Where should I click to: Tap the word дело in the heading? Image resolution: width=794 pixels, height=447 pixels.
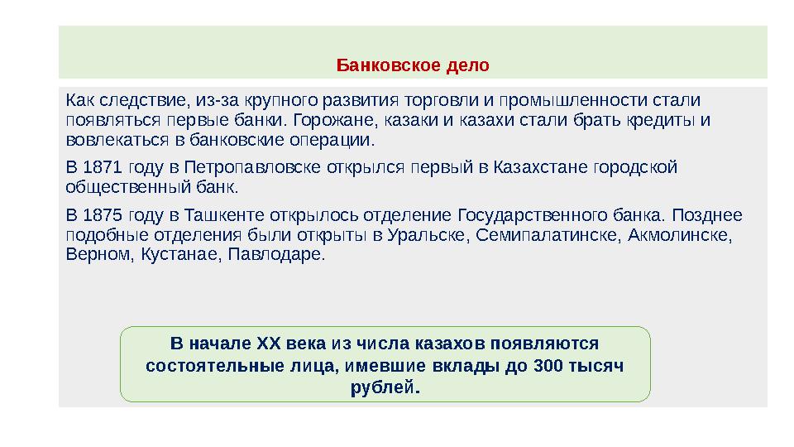tap(467, 65)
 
